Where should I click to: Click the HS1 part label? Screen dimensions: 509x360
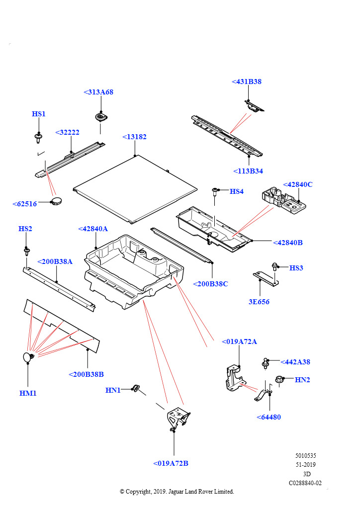[x=39, y=114]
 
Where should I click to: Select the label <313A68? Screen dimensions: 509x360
[x=98, y=92]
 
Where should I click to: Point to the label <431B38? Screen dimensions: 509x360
[x=247, y=82]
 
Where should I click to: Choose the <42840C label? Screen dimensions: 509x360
[x=298, y=184]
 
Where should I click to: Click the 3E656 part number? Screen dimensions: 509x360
[x=260, y=302]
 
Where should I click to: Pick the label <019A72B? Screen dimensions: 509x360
[x=171, y=463]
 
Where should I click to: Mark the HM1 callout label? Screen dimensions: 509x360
[x=28, y=393]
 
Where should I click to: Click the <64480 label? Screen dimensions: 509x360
[x=269, y=417]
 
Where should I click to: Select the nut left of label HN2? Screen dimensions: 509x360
[x=279, y=380]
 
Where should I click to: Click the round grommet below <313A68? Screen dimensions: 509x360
[x=101, y=117]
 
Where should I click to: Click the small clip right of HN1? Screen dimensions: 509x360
[x=136, y=388]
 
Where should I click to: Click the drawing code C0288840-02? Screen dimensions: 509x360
[x=305, y=483]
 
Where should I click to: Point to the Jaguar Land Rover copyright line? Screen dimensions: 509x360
[x=177, y=492]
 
